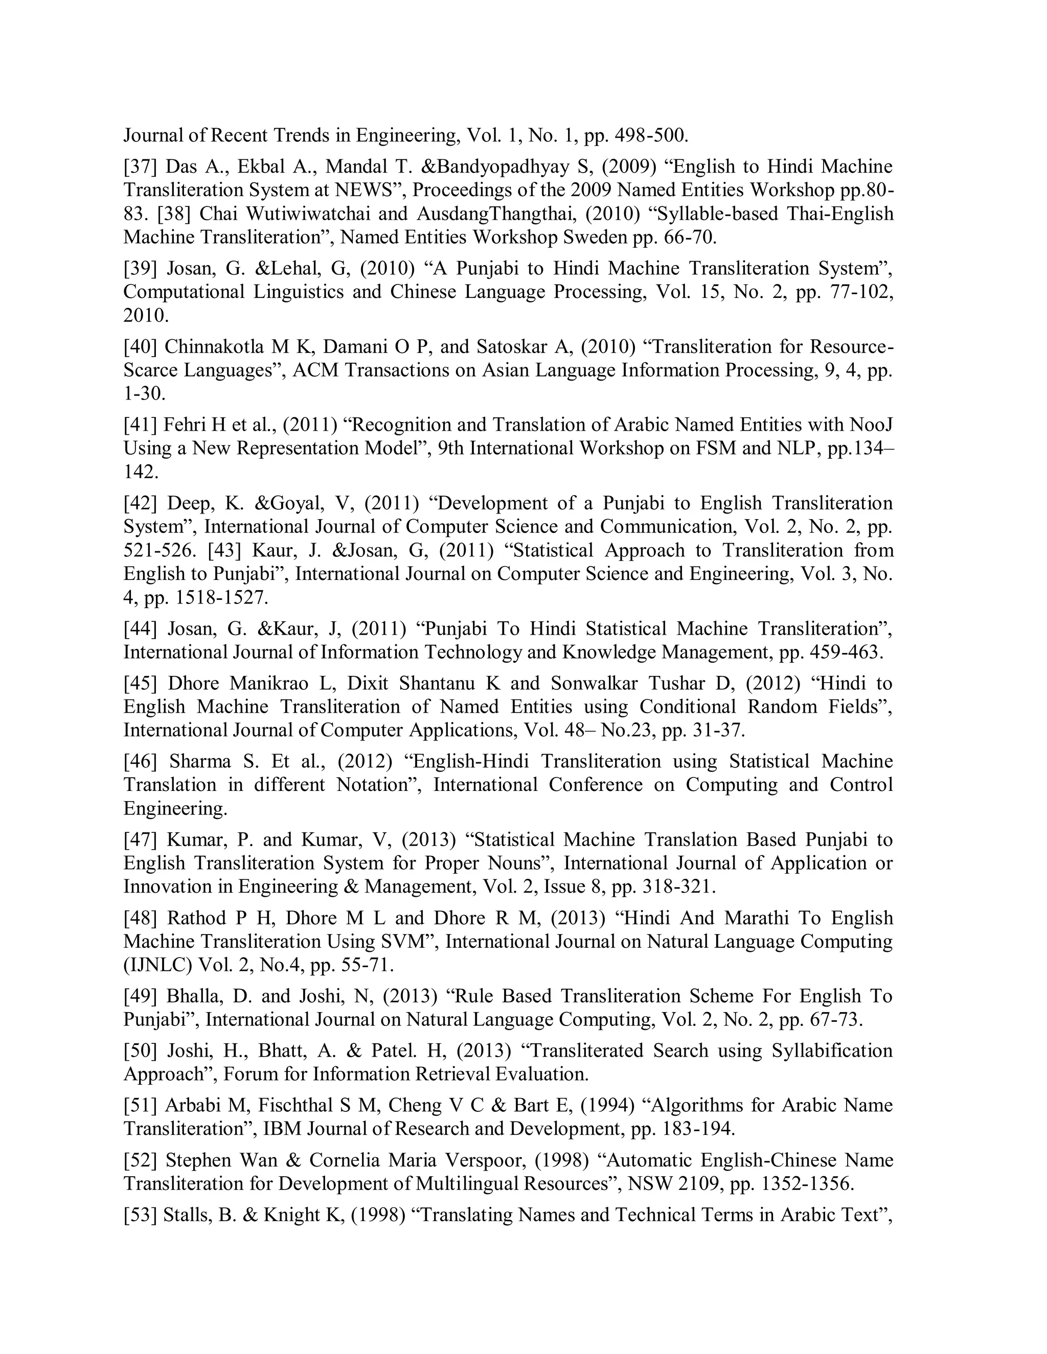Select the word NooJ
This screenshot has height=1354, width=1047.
pyautogui.click(x=872, y=425)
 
